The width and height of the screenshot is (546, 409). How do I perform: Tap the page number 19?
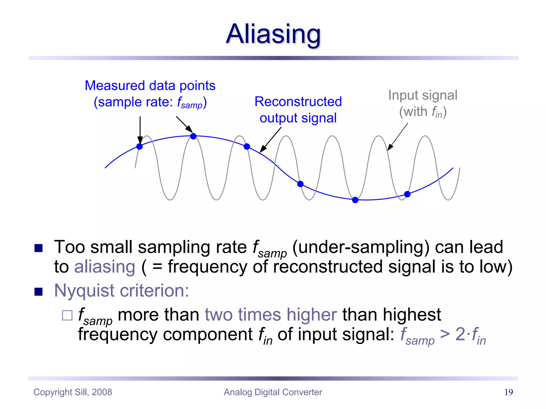tap(508, 392)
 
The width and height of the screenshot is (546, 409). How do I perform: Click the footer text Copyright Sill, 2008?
tap(73, 392)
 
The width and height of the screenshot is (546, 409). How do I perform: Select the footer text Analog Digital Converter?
tap(273, 392)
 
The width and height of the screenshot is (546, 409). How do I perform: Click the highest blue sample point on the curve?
tap(193, 136)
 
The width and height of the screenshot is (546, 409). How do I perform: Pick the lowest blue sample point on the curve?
tap(355, 200)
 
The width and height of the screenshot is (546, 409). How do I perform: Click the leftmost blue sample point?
tap(139, 146)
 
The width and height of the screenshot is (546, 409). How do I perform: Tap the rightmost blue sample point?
tap(407, 194)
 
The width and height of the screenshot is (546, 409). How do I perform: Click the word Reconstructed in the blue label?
tap(298, 102)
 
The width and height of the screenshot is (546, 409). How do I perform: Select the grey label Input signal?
tap(423, 95)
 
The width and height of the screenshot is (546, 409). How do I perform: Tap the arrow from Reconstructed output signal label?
tap(270, 140)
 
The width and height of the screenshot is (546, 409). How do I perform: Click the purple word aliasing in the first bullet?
tap(105, 267)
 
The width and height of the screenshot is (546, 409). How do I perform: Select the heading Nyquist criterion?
tap(122, 291)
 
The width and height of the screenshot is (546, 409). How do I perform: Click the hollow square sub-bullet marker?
tap(67, 315)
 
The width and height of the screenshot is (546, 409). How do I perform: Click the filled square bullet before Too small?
tap(39, 248)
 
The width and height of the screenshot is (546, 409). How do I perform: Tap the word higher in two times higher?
tap(312, 315)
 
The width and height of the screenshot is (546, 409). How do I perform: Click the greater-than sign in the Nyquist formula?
tap(445, 334)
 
